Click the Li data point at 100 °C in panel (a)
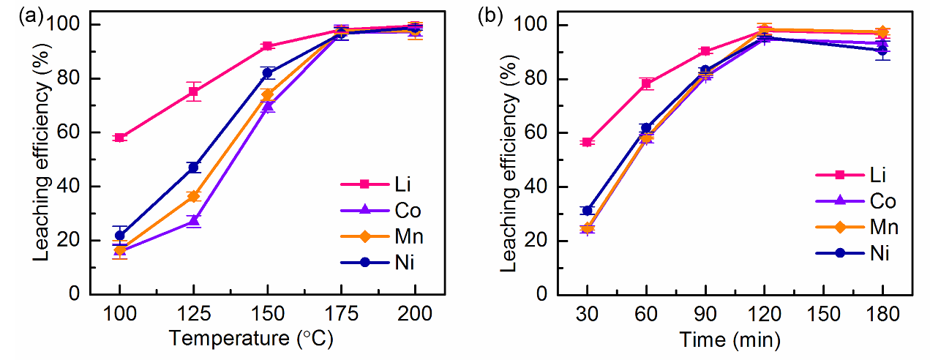click(120, 138)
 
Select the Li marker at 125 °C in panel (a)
click(194, 91)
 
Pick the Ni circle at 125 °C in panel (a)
click(194, 168)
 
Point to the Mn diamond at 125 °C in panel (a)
click(194, 196)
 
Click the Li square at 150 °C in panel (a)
click(268, 46)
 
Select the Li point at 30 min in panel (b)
click(587, 142)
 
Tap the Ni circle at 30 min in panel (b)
click(587, 210)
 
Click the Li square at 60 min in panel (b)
click(646, 83)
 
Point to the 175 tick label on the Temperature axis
click(342, 315)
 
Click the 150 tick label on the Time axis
click(823, 315)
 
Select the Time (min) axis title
click(735, 340)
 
